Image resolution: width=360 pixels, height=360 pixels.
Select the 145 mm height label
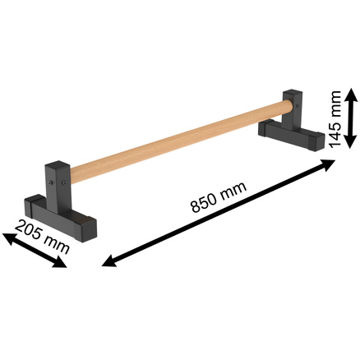[x=335, y=119]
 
